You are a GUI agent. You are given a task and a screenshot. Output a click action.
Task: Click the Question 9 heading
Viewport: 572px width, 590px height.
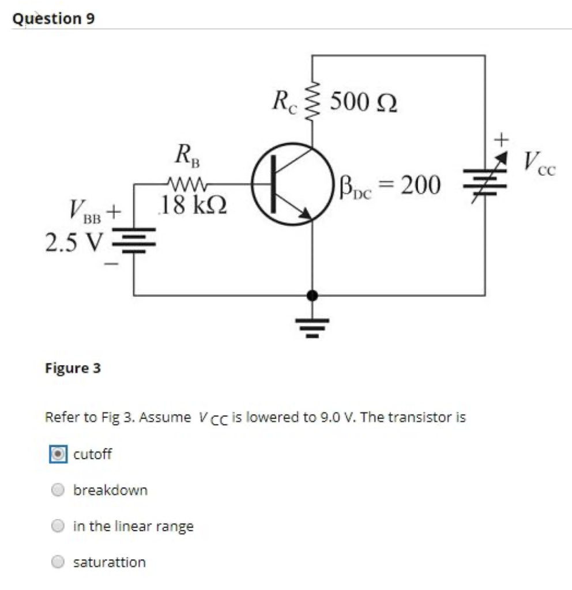click(x=54, y=18)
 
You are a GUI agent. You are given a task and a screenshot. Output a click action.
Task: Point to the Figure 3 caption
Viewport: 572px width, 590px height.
click(x=73, y=368)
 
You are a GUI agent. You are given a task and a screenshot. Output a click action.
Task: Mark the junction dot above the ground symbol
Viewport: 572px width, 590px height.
click(x=313, y=296)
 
